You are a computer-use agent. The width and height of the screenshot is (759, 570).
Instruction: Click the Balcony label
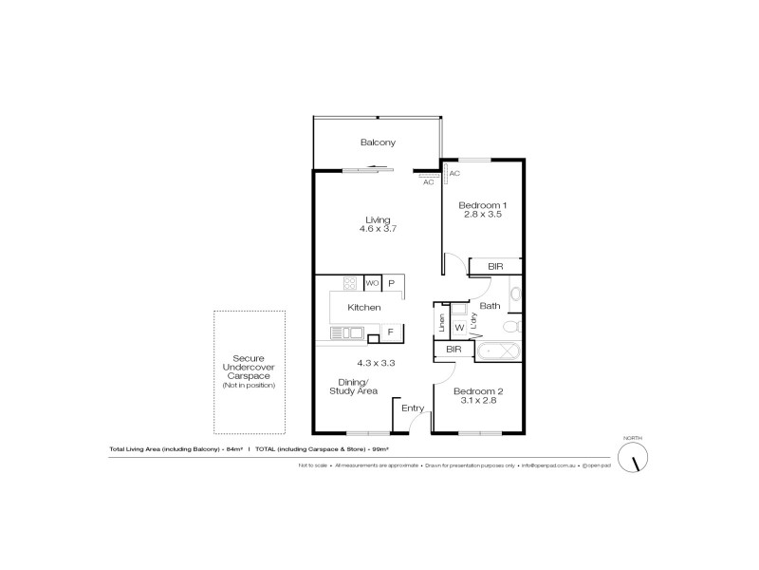pyautogui.click(x=377, y=142)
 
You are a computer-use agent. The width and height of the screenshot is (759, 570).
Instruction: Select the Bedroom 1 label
pyautogui.click(x=483, y=205)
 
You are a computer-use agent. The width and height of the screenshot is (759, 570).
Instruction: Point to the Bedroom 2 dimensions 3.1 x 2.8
pyautogui.click(x=476, y=401)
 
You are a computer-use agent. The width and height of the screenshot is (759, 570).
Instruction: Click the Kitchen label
pyautogui.click(x=364, y=308)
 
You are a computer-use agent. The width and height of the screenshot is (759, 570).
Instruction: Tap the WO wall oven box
pyautogui.click(x=373, y=283)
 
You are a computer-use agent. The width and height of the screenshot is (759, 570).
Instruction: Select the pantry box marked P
pyautogui.click(x=391, y=283)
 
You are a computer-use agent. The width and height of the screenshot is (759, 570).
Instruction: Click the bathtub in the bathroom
pyautogui.click(x=495, y=351)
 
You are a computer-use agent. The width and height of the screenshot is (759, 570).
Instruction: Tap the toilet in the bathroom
pyautogui.click(x=509, y=326)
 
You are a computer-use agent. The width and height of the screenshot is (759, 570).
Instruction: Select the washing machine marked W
pyautogui.click(x=458, y=328)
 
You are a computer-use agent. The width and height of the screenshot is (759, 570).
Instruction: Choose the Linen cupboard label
pyautogui.click(x=441, y=322)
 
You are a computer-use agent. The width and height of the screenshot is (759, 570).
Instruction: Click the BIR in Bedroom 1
pyautogui.click(x=495, y=267)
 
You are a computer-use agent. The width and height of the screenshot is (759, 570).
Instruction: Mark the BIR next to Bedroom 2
pyautogui.click(x=454, y=351)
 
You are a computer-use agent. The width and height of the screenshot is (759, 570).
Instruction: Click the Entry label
pyautogui.click(x=413, y=408)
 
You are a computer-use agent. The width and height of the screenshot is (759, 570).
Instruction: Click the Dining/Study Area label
pyautogui.click(x=354, y=386)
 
